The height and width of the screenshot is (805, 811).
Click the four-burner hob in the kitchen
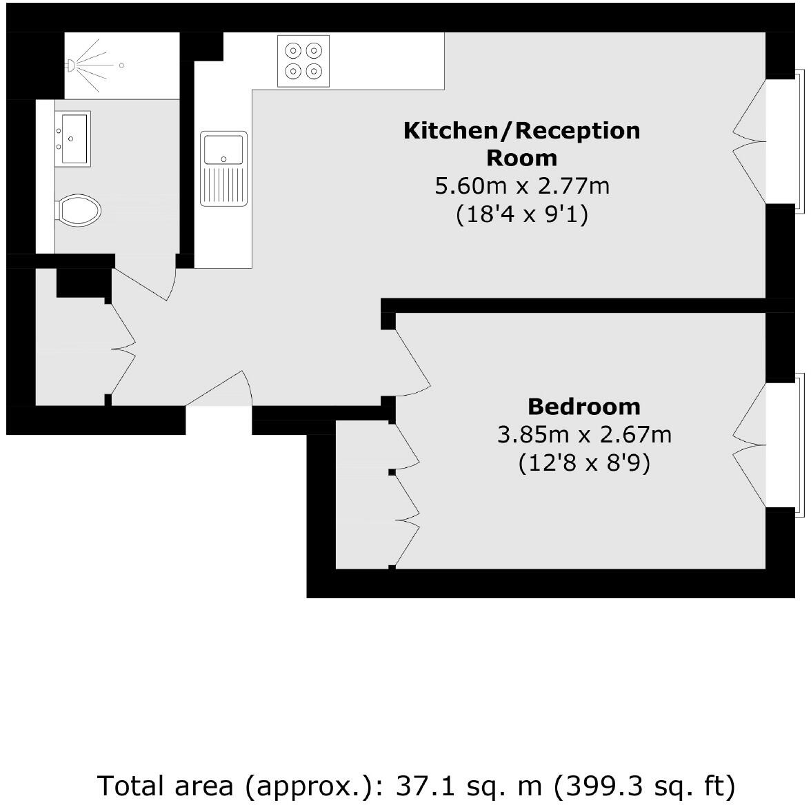(x=304, y=61)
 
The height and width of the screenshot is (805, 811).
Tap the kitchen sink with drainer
(x=223, y=168)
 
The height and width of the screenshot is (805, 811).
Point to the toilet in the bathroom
(x=78, y=210)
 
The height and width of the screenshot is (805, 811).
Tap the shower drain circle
(x=121, y=65)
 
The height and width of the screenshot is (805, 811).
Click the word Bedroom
(x=583, y=407)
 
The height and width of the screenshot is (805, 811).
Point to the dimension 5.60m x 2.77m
(x=521, y=186)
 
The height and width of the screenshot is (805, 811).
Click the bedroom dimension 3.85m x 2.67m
(x=583, y=435)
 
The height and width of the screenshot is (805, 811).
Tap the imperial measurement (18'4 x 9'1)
(x=521, y=215)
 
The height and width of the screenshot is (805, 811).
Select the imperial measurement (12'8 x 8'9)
(x=583, y=463)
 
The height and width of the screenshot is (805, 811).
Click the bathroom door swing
(x=148, y=283)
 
